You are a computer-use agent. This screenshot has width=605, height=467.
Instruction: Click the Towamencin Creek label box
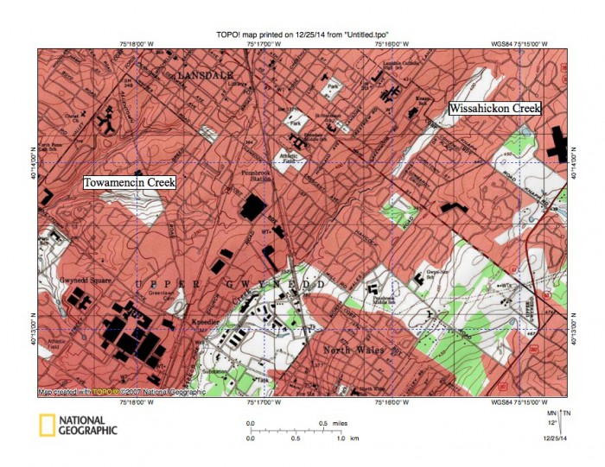tap(129, 183)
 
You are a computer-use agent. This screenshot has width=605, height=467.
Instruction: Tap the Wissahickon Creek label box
tap(494, 109)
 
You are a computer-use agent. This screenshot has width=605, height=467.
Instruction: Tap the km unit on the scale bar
tap(353, 439)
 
